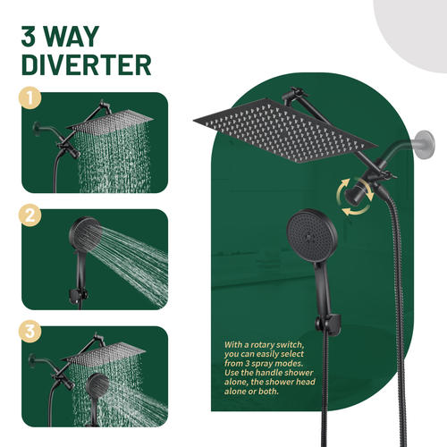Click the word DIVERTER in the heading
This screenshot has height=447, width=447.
87,64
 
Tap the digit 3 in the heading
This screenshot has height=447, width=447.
29,37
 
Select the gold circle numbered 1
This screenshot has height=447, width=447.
30,97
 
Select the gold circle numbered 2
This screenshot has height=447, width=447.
30,215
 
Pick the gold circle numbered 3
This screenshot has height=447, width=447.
30,332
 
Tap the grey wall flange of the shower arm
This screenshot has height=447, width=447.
426,145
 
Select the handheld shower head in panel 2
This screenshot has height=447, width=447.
86,234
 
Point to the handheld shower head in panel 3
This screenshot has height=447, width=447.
97,387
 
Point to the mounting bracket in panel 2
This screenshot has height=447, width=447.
79,295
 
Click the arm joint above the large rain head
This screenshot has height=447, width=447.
291,96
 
